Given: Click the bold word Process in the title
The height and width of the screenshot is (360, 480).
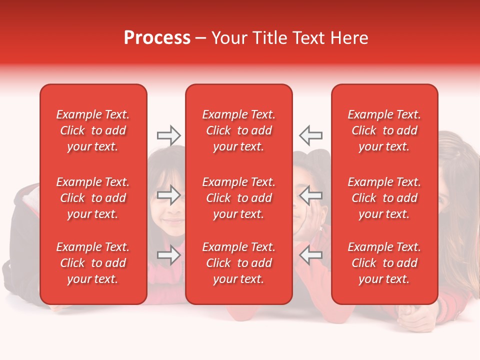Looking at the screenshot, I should pos(157,38).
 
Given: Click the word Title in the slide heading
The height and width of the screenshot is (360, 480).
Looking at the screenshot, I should pos(270,38).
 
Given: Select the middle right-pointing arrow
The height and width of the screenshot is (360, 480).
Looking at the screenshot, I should pos(168,195).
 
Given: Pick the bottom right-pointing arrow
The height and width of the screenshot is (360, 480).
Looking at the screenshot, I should pos(168,255).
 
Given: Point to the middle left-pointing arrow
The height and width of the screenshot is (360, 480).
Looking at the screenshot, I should pos(311,195).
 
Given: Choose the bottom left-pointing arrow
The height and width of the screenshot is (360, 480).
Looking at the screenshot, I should pos(311,255).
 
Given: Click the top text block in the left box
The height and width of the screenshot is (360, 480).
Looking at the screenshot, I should pos(93,130).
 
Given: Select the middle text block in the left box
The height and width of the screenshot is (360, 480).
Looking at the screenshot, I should pos(93,198).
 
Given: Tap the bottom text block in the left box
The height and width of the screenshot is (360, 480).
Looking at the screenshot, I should pos(93,263).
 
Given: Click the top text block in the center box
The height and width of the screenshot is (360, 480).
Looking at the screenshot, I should pos(238,130).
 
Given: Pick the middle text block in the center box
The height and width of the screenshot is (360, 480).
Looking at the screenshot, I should pos(238,198).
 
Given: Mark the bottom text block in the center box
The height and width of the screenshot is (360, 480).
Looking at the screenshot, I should pos(238,263).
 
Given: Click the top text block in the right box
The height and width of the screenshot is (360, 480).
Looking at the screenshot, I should pos(384,130).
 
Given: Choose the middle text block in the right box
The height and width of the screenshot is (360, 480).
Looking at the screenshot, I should pos(384,198).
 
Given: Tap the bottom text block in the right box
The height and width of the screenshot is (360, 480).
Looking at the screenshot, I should pos(384,263).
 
